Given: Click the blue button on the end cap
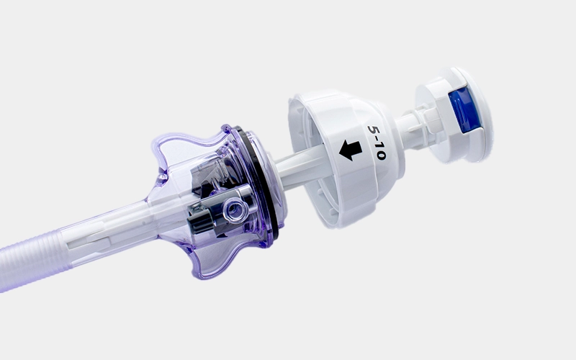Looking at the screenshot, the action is tap(464, 109).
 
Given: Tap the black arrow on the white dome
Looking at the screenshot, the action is tap(351, 150).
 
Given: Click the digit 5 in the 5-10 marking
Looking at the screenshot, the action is tap(374, 130).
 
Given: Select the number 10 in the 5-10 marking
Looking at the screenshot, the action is tap(380, 151).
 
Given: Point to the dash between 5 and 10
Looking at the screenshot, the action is tap(376, 139).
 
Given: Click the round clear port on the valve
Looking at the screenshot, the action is tap(233, 210).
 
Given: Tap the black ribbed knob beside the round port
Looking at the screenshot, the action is tap(201, 220).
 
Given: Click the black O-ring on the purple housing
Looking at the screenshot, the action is tap(258, 184).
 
